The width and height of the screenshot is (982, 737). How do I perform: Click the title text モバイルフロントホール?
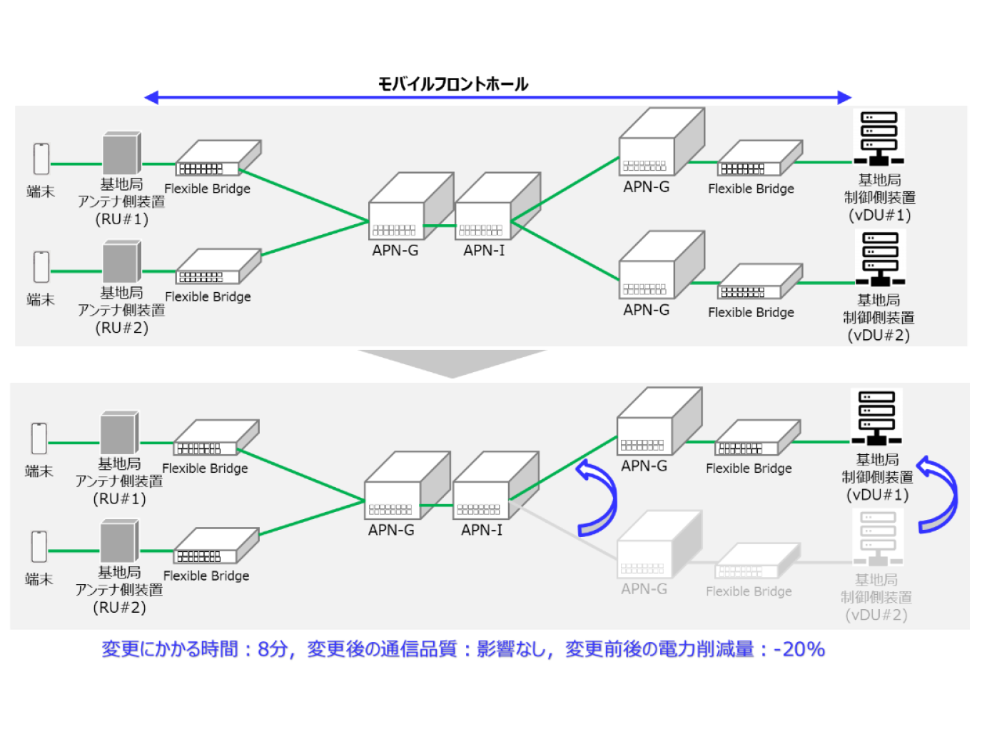452,84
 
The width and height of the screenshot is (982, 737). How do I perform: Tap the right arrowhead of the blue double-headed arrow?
844,97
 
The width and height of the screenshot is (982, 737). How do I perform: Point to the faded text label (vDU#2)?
876,615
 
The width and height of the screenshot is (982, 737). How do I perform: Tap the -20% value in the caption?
799,649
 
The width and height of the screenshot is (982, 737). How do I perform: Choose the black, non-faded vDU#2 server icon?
879,258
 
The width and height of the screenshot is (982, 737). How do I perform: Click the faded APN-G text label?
644,589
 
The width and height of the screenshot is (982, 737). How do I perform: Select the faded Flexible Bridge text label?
749,591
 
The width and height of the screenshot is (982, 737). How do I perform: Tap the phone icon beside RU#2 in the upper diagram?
41,266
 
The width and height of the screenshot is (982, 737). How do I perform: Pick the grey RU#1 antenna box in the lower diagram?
118,433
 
